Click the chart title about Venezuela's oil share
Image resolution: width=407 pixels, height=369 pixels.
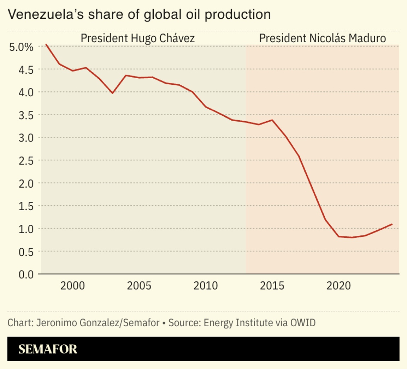139,14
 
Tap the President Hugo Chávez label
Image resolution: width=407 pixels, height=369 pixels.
137,38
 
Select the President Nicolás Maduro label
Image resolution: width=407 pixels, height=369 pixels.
322,38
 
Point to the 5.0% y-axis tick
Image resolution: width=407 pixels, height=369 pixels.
21,47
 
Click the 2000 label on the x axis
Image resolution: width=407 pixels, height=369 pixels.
72,286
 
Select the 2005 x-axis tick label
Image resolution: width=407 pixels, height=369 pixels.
139,286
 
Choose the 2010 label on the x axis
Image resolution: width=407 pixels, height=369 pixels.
206,286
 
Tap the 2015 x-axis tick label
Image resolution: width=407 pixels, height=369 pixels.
272,286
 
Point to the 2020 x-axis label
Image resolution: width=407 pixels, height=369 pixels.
338,286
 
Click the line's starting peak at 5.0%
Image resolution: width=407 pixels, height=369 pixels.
46,44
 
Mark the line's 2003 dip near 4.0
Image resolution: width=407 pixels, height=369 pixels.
112,93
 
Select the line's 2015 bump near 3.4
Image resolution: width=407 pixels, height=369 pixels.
272,120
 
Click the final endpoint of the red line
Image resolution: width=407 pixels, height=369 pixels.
392,224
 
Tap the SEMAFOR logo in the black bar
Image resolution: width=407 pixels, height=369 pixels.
48,349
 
